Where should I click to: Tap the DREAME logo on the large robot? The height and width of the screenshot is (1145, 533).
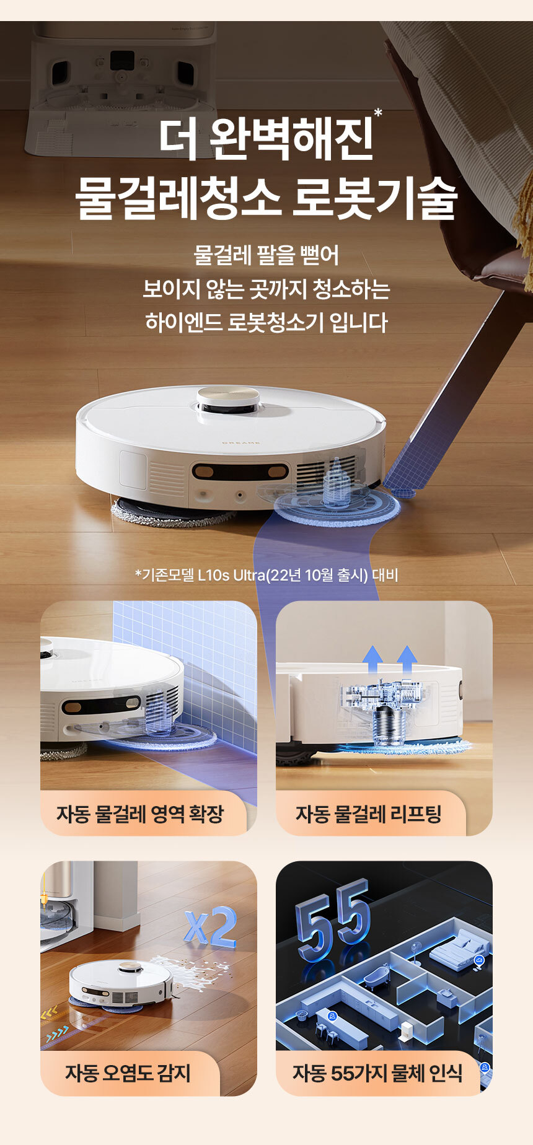click(x=241, y=442)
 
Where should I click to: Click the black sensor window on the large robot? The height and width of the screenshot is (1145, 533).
click(x=240, y=472)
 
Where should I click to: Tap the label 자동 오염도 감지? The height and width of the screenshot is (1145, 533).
click(x=128, y=1073)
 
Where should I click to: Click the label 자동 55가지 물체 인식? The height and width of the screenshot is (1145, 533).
click(x=377, y=1073)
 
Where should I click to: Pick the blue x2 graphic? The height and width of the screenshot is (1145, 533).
click(x=211, y=928)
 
